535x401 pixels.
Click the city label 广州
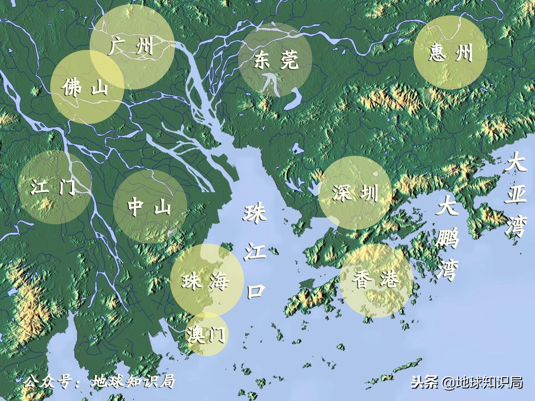tap(131, 46)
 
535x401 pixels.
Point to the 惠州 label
tap(450, 52)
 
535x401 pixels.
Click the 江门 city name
tap(53, 187)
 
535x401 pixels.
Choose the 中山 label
tap(149, 207)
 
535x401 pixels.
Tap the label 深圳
tap(355, 192)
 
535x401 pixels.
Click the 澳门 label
tap(206, 334)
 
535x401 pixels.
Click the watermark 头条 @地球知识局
tap(467, 382)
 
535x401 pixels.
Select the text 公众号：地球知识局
tap(99, 382)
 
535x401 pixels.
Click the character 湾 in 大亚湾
tap(516, 225)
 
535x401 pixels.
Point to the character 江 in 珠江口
tap(255, 251)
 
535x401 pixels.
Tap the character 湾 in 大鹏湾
tap(447, 269)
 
